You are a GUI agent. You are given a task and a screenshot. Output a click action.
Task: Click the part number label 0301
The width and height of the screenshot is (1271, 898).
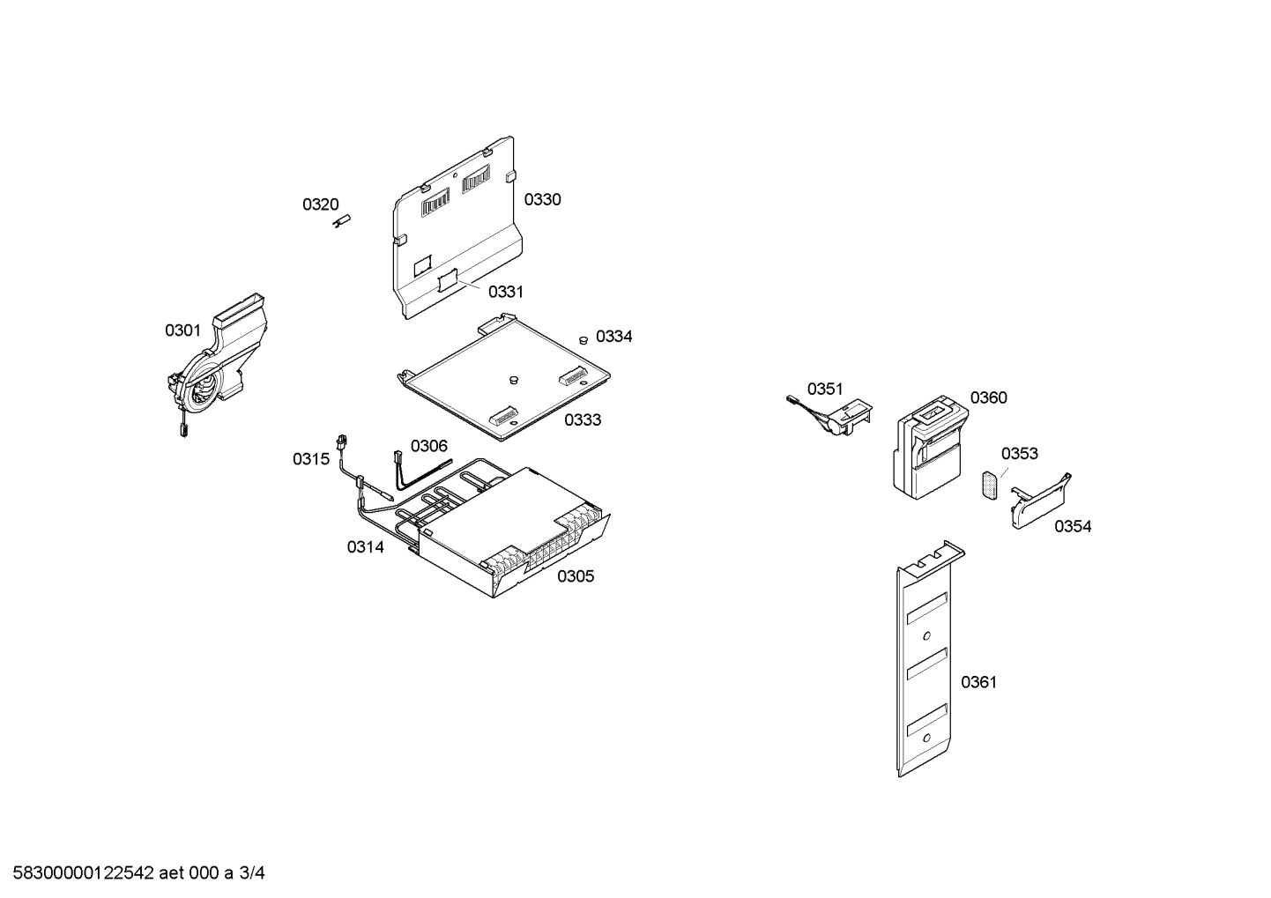182,330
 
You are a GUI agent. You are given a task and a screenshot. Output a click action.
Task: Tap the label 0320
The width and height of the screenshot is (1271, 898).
320,204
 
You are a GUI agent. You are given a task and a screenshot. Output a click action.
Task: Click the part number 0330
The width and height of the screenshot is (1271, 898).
542,199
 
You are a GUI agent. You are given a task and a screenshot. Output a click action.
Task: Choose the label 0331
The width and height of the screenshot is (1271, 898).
506,292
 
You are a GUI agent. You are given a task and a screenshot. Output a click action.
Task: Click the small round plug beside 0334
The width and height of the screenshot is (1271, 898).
583,338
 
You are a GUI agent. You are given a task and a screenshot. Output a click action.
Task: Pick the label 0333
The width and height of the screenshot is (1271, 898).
583,419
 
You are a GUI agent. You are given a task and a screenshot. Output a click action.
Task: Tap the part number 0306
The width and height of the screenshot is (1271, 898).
428,446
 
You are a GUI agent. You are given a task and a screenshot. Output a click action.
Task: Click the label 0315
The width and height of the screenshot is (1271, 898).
311,458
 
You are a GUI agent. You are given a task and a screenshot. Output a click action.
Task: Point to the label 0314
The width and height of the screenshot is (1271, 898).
365,547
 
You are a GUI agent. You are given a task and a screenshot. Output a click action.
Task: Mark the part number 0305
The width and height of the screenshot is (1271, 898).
575,576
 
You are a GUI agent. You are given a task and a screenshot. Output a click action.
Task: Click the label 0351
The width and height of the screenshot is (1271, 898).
825,389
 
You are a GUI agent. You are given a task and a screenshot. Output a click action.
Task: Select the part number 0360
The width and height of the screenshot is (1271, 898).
988,397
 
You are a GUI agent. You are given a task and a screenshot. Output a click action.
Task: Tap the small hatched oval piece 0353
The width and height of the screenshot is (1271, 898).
991,485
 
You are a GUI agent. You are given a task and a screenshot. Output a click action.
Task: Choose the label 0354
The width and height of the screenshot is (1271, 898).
1073,526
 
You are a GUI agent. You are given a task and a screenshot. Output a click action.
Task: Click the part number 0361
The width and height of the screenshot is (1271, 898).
978,681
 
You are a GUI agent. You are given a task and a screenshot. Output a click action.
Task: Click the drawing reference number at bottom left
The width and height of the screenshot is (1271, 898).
133,873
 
